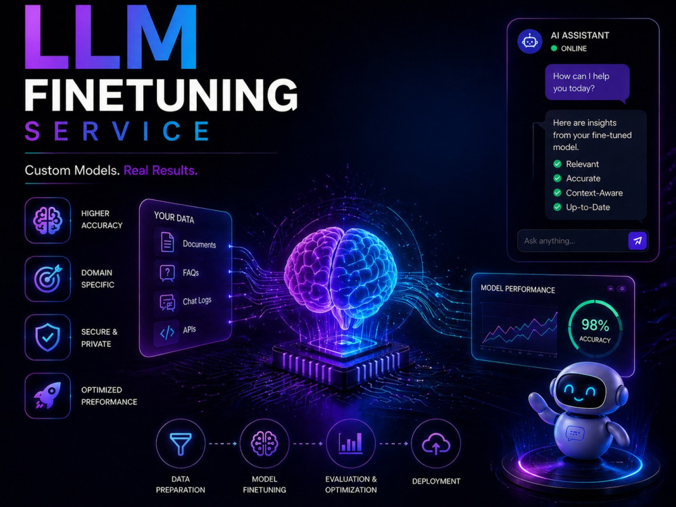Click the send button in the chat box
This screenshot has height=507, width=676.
point(637,241)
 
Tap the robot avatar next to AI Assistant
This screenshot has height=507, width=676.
point(530,41)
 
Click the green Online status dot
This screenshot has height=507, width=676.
point(554,48)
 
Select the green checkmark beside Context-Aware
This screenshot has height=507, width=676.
point(558,193)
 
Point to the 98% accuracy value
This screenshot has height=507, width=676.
point(596,324)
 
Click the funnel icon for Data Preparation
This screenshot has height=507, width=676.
point(180,443)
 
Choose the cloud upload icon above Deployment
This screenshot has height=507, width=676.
point(436,444)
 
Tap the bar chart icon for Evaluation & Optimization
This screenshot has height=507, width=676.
point(350,442)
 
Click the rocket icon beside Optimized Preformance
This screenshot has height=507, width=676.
point(47,395)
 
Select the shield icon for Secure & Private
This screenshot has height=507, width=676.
point(47,337)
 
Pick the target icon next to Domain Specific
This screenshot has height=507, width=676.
point(48,279)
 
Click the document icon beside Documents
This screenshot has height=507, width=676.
point(167,241)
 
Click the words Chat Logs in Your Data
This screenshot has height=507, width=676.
point(197,301)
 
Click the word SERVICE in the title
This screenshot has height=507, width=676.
point(117,131)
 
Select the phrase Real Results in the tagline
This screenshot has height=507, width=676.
point(160,170)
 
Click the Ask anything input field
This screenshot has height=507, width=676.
point(573,241)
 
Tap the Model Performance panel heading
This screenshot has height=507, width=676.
point(518,289)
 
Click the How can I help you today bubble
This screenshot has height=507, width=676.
point(587,82)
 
